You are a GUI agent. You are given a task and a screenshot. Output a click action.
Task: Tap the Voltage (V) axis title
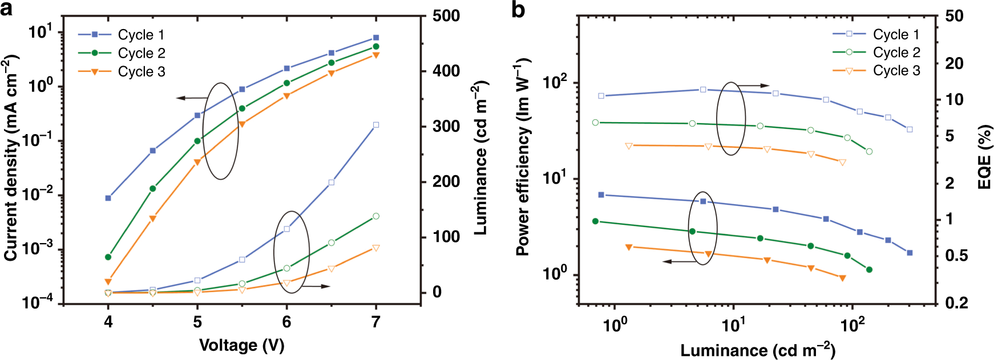241,345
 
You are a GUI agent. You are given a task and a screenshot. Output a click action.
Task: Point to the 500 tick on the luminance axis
446,15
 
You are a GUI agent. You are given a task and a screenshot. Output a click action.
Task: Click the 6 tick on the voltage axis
286,322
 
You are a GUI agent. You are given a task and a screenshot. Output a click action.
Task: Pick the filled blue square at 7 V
375,38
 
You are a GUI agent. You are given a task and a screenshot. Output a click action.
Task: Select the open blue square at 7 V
375,124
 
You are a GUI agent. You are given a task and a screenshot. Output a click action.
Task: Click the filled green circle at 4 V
108,257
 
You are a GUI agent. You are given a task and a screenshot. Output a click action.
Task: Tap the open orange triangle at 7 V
375,248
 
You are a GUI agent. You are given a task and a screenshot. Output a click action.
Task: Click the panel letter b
518,10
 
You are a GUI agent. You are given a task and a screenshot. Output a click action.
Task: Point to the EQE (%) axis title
984,157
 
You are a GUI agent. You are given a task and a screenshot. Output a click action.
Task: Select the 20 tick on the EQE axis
954,63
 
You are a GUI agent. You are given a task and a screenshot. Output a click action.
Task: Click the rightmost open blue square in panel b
910,130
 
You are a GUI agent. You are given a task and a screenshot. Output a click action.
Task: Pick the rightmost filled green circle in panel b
869,269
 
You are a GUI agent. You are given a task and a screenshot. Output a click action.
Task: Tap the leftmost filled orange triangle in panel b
629,247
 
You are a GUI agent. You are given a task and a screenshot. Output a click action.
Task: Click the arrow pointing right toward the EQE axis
753,86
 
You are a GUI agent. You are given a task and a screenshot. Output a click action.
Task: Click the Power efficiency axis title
523,157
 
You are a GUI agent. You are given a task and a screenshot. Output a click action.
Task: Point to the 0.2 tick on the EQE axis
956,303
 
